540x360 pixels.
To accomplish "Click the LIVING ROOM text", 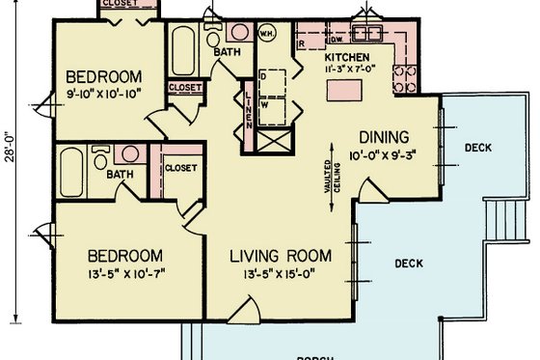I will [281, 257].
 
